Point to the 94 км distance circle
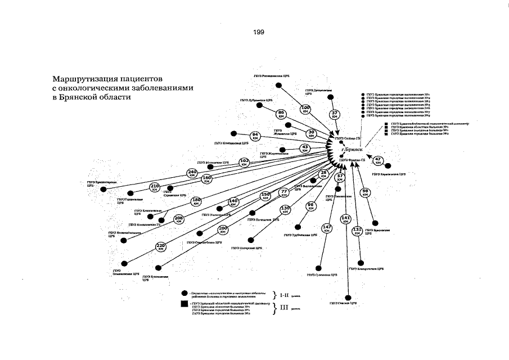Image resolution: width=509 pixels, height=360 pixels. click(255, 136)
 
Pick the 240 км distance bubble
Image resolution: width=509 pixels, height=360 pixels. click(192, 173)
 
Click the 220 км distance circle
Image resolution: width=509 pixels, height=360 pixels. click(160, 247)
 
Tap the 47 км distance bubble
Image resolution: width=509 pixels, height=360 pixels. click(379, 160)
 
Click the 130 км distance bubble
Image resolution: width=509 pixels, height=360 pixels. click(286, 210)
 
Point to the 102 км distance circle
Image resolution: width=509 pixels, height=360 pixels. click(244, 162)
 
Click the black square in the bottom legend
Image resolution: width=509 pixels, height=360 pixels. click(184, 304)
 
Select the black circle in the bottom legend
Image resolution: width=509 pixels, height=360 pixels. click(184, 293)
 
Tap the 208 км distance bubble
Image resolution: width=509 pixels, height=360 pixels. click(179, 219)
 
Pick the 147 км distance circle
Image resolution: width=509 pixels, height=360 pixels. click(327, 228)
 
